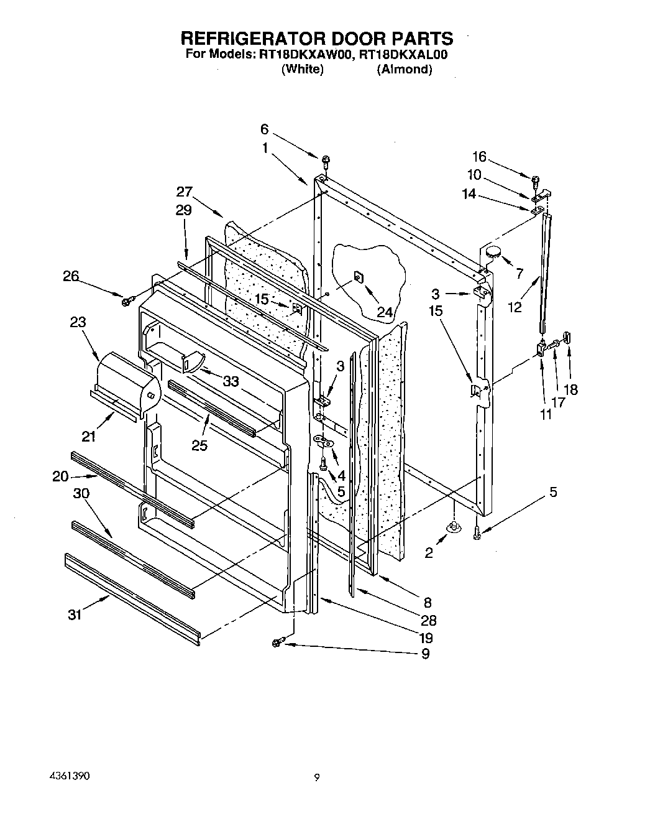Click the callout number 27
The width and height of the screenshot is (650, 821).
coord(184,192)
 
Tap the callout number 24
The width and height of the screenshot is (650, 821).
coord(385,312)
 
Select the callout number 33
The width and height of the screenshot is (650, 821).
coord(231,381)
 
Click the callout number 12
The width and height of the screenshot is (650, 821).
coord(515,307)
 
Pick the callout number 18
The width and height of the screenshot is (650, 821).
coord(570,389)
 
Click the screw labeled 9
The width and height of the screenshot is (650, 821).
coord(278,641)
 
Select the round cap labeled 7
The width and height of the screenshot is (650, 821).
coord(493,252)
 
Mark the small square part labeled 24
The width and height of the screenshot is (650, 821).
coord(359,276)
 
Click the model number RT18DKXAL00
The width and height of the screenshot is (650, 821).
coord(403,54)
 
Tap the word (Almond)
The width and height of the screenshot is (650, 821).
coord(404,69)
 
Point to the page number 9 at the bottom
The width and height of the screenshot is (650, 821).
coord(317,776)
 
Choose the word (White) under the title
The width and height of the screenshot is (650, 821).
coord(302,69)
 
